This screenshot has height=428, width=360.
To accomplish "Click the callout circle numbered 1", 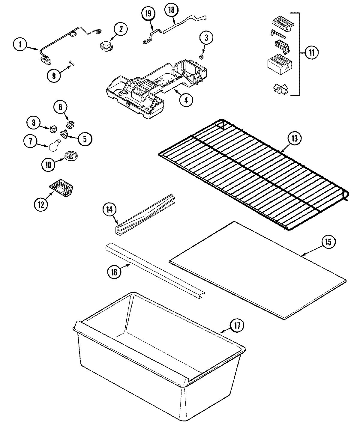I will (20, 45).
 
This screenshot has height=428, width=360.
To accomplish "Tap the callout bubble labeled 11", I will (311, 53).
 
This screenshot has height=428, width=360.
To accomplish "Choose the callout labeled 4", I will (186, 100).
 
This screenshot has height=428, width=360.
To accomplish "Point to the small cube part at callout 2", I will (106, 46).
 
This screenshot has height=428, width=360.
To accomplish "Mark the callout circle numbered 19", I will (149, 13).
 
